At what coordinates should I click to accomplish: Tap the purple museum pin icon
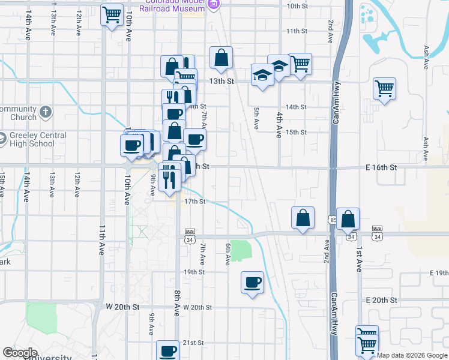tap(213, 5)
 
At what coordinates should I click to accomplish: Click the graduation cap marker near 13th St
tap(262, 75)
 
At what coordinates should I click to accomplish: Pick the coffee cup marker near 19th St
tap(253, 282)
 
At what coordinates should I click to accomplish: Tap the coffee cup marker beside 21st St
tap(168, 350)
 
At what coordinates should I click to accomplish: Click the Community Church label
tap(18, 113)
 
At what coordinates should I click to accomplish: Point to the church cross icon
tap(46, 112)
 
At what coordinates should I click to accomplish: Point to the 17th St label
tap(194, 202)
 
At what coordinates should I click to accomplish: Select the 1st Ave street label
tap(358, 258)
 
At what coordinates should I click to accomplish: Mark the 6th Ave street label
tap(228, 254)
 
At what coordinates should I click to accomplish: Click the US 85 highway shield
tap(333, 220)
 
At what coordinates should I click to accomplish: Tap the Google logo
tap(20, 353)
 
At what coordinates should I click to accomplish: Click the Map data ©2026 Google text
tap(412, 355)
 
